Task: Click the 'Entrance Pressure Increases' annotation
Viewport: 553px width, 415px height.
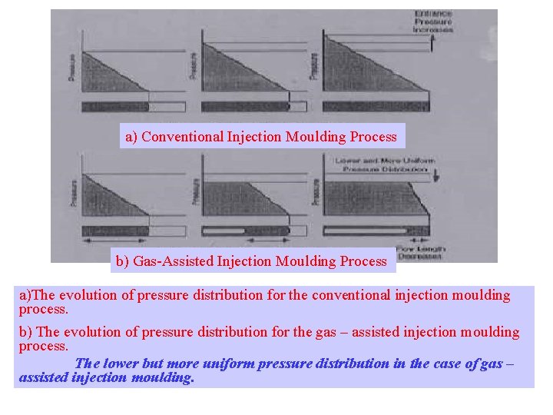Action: tap(434, 22)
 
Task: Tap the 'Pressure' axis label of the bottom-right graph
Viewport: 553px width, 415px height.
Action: tap(314, 192)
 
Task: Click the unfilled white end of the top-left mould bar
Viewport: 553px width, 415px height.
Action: tap(167, 107)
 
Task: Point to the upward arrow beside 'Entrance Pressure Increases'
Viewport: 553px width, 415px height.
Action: tap(434, 45)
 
